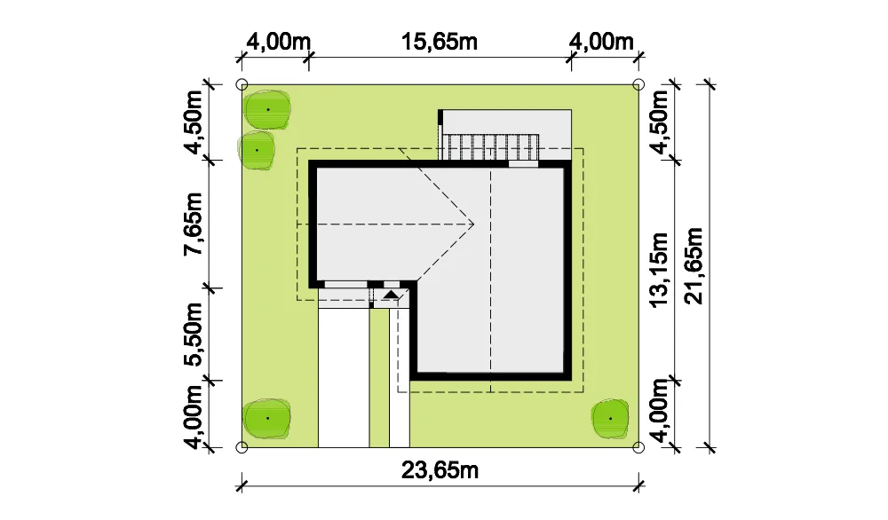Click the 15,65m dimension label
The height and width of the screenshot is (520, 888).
point(440,42)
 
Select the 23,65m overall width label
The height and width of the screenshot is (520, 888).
point(440,470)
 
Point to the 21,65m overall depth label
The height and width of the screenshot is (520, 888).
point(694,266)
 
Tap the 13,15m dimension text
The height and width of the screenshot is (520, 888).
point(660,270)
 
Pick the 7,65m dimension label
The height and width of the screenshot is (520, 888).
point(193,225)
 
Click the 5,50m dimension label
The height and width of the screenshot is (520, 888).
point(193,335)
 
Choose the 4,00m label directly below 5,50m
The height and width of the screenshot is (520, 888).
point(193,417)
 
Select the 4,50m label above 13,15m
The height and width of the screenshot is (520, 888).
point(660,122)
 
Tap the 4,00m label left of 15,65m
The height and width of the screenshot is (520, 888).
point(279,42)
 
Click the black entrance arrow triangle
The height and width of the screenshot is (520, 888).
point(391,295)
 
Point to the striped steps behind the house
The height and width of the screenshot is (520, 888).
point(489,147)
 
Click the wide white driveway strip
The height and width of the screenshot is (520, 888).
point(344,378)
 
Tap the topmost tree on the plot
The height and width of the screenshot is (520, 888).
point(267,109)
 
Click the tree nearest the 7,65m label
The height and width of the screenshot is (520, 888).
point(257,150)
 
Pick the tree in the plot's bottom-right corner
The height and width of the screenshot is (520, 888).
point(610,419)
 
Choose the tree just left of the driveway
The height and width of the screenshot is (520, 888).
point(267,418)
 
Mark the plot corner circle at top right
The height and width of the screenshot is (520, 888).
point(638,85)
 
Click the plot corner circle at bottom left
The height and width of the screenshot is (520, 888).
point(242,447)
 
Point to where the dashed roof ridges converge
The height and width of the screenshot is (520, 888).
point(473,225)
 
